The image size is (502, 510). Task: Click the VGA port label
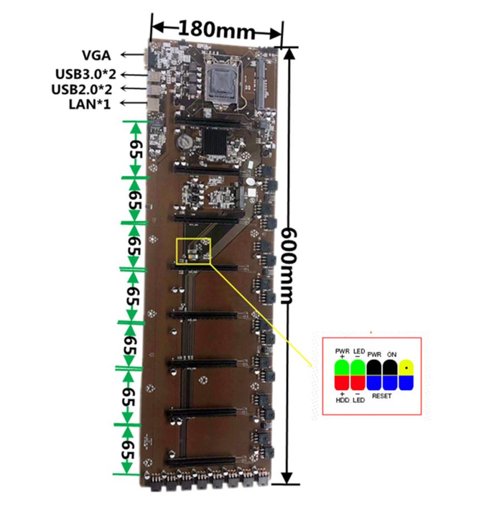tap(96, 55)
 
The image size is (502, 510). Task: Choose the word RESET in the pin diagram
tap(382, 396)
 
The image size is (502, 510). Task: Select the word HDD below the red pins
tap(342, 400)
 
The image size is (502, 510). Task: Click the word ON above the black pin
tap(392, 354)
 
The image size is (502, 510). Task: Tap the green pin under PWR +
tap(342, 368)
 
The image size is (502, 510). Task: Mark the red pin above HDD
tap(342, 383)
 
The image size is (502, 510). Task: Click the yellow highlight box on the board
tap(193, 250)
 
